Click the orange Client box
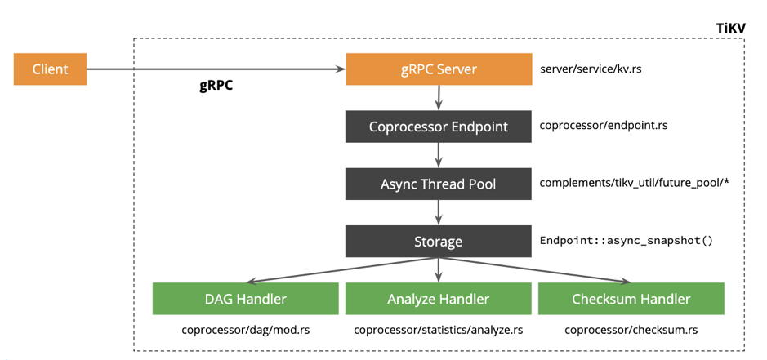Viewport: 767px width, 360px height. coord(50,69)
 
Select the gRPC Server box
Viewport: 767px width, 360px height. coord(439,69)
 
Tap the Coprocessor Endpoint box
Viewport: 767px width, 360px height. coord(439,127)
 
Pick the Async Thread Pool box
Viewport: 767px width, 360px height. coord(439,184)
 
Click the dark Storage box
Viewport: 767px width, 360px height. coord(439,242)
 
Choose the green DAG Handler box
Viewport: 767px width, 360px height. coord(245,299)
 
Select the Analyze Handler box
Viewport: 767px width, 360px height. coord(439,299)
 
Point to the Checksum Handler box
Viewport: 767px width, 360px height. coord(631,299)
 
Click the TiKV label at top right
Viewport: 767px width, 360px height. coord(730,28)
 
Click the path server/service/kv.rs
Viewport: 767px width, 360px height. coord(591,69)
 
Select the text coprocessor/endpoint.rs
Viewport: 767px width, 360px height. coord(604,126)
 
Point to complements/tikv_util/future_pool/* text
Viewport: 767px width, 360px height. coord(634,183)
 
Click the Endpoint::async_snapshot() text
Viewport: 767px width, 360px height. coord(627,242)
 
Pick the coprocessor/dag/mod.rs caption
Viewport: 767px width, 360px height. coord(245,331)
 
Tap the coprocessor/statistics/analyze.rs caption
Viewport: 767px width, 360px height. coord(439,331)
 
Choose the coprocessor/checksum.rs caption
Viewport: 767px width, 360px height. coord(631,331)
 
